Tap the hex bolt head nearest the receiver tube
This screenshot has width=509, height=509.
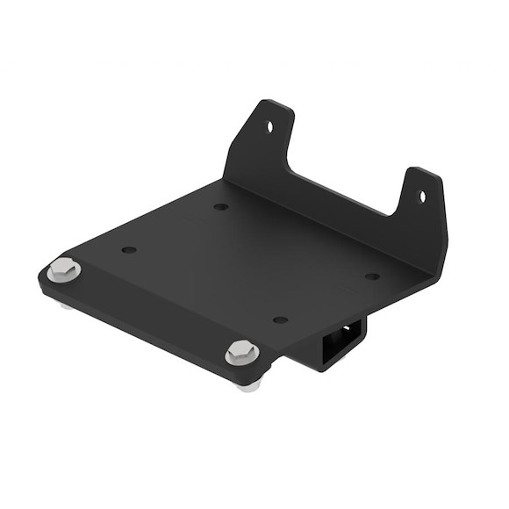[242, 354]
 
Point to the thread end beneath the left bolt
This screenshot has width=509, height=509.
[65, 305]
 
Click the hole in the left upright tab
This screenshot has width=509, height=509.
[269, 125]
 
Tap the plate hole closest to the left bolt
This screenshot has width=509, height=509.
[129, 250]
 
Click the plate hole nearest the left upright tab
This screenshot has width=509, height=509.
[220, 207]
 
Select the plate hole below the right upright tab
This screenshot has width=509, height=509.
[372, 276]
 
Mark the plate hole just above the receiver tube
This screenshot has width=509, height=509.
[280, 320]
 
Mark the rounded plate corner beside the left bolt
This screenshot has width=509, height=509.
[43, 278]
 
